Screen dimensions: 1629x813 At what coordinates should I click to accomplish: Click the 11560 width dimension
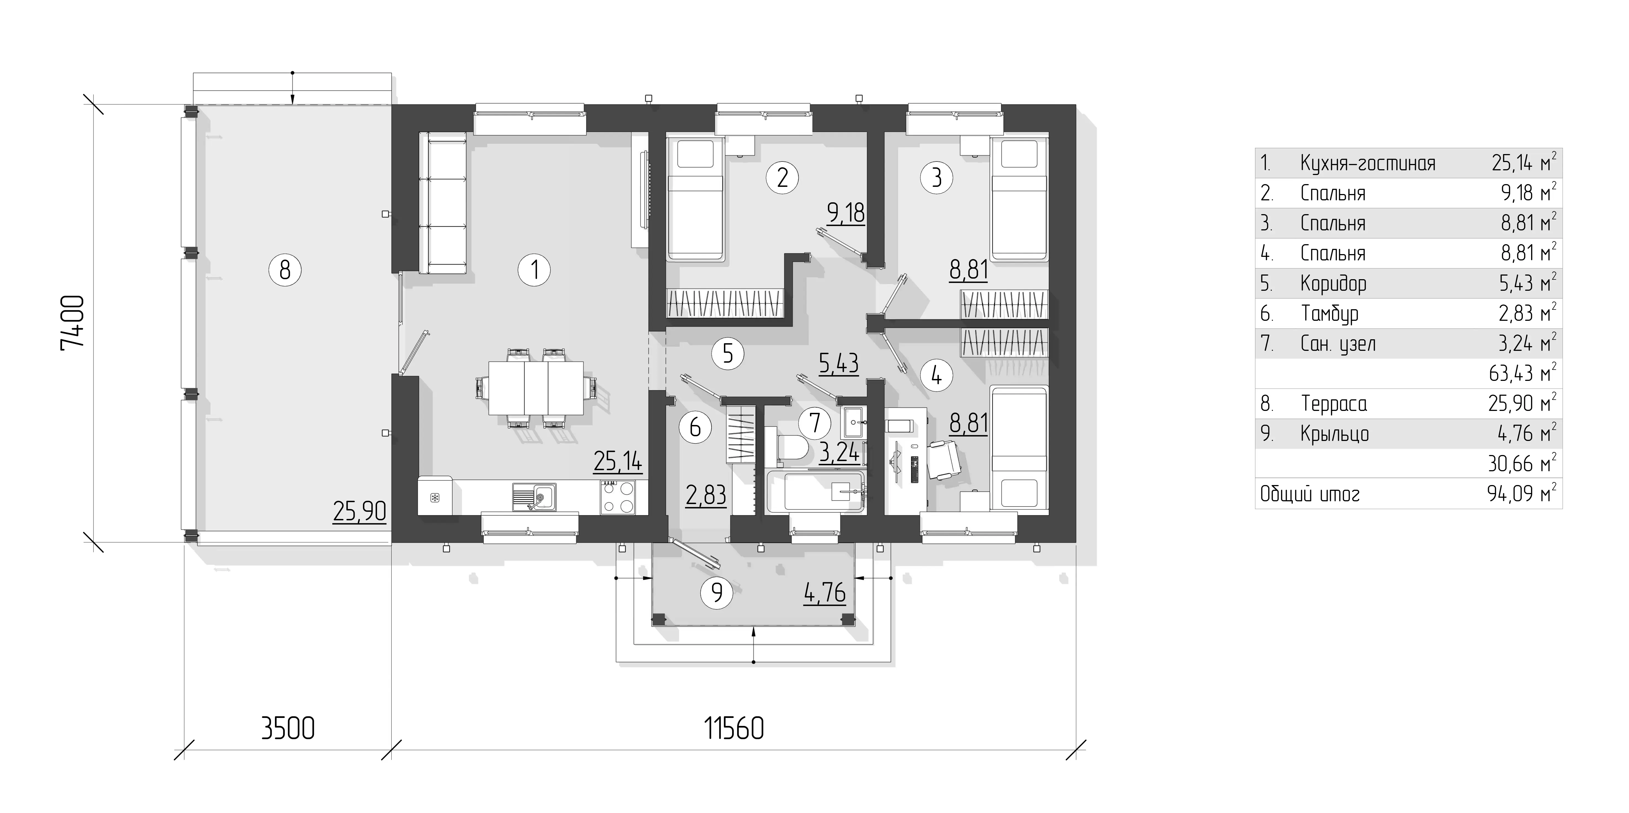734,728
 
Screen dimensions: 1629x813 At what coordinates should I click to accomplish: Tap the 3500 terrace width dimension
288,728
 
